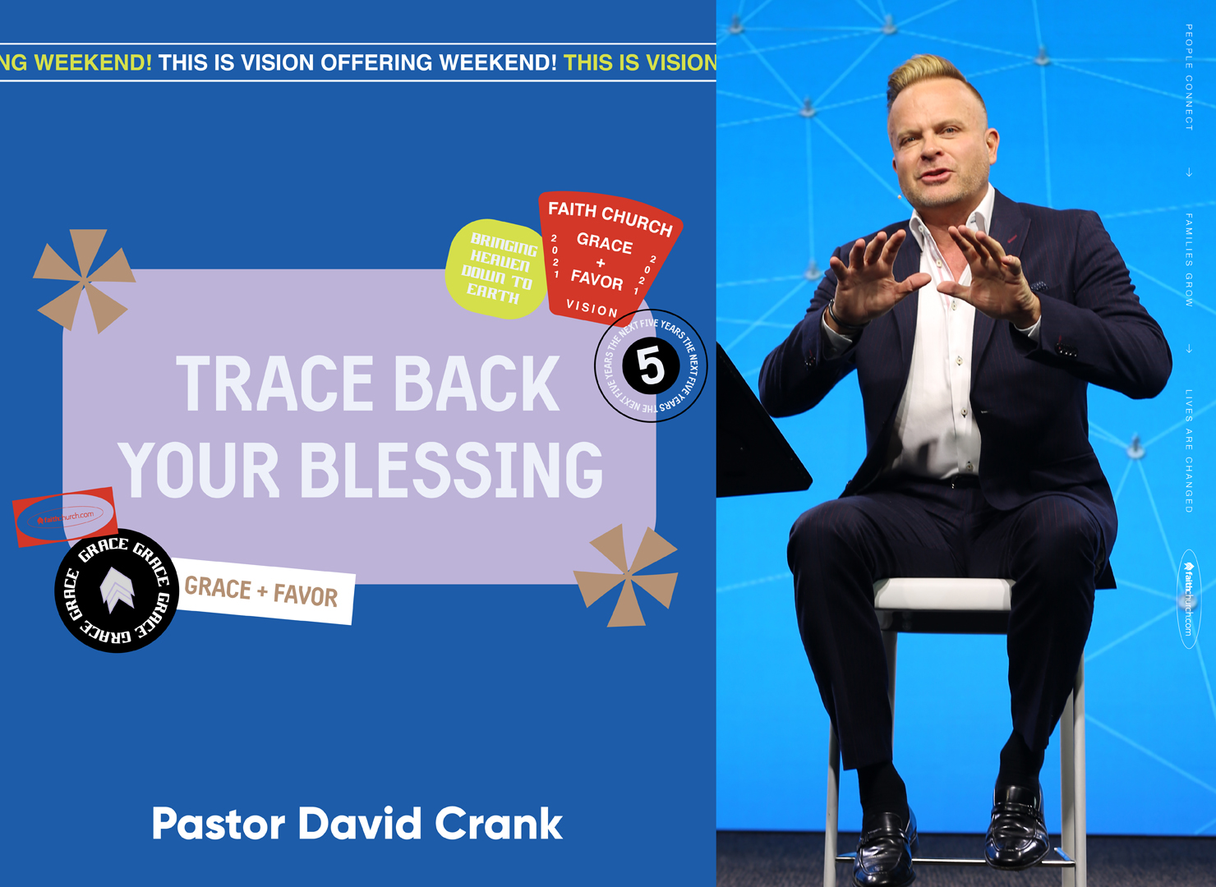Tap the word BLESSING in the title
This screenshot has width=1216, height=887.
coord(452,470)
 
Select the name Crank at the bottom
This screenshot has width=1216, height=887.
coord(498,824)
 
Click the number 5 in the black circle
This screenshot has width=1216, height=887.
coord(651,366)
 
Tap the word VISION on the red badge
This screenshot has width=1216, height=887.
coord(592,309)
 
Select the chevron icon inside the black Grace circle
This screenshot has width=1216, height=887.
coord(116,590)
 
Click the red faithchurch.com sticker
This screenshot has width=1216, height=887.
coord(65,517)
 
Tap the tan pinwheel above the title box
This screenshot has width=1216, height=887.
coord(84,280)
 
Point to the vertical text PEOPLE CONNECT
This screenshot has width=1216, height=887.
coord(1189,77)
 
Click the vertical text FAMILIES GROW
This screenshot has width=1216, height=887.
coord(1189,260)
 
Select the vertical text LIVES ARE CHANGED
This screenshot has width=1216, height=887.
coord(1189,451)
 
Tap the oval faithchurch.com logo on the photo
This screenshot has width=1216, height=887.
coord(1188,598)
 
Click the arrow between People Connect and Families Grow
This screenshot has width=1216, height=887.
coord(1189,172)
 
